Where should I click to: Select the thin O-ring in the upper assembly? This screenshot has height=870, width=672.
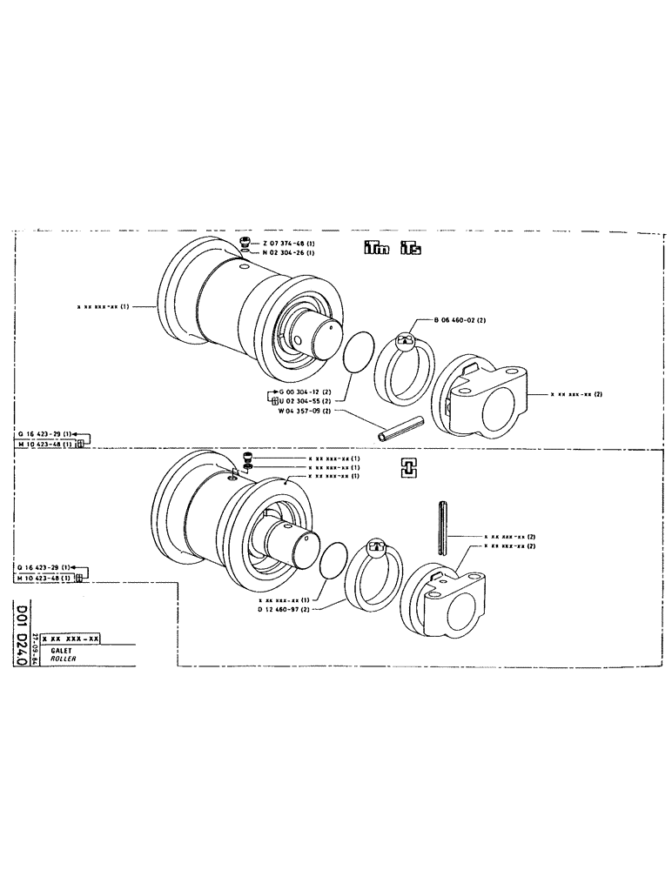tap(357, 352)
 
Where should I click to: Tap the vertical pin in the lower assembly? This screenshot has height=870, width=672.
tap(445, 527)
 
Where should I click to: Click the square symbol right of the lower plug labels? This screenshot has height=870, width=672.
tap(407, 466)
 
